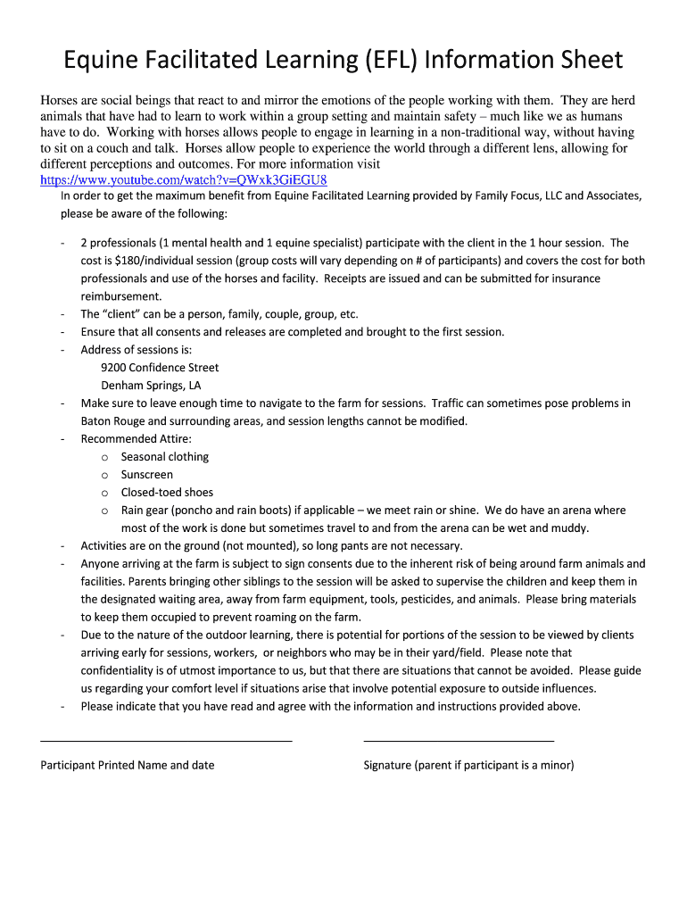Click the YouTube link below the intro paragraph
point(178,179)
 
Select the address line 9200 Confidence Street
point(160,368)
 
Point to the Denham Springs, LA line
point(151,386)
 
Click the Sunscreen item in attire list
point(147,475)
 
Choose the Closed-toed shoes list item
point(167,493)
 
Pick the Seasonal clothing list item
point(165,457)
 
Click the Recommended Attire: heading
point(136,439)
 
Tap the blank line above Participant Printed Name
point(166,741)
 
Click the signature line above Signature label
point(459,741)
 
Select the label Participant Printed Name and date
point(128,765)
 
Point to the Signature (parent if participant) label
point(468,765)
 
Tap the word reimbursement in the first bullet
point(121,296)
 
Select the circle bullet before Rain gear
point(104,511)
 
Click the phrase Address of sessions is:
point(136,350)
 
